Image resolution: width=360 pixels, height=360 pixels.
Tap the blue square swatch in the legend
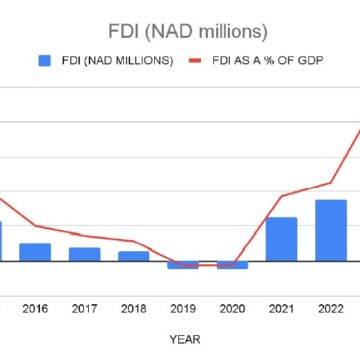coord(44,61)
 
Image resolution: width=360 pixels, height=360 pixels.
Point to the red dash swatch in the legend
coord(195,61)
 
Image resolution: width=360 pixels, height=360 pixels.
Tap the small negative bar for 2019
coord(183,264)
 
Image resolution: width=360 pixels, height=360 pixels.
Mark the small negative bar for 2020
coord(232,264)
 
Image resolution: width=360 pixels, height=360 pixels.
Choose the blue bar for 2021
coord(281,238)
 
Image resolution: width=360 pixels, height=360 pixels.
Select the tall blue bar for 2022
coord(330,229)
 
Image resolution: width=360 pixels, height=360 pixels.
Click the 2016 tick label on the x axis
coord(35,309)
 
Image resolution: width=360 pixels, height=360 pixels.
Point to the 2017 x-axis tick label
coord(84,309)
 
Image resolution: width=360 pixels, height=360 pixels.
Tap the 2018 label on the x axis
coord(133,309)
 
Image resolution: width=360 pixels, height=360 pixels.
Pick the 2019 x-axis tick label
coord(183,309)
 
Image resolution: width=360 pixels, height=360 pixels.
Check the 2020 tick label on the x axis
coord(232,309)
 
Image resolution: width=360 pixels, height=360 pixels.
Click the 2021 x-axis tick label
coord(281,309)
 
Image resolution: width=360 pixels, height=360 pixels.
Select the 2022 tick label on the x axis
coord(330,309)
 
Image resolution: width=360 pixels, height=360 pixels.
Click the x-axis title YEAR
coord(182,339)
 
